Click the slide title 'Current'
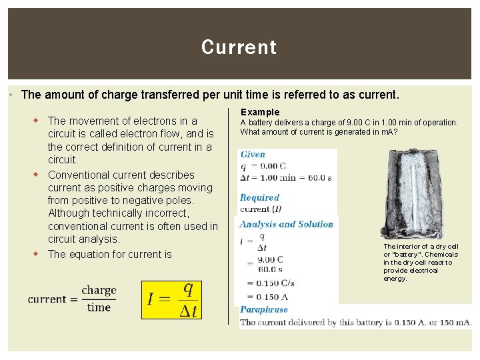pyautogui.click(x=239, y=47)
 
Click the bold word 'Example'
pyautogui.click(x=260, y=112)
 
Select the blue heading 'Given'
pyautogui.click(x=253, y=154)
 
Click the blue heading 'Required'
pyautogui.click(x=259, y=197)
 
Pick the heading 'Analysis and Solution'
pyautogui.click(x=286, y=224)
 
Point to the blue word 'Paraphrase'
pyautogui.click(x=264, y=309)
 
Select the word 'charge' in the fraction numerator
pyautogui.click(x=99, y=291)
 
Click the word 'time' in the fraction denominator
pyautogui.click(x=99, y=307)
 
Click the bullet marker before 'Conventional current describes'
pyautogui.click(x=39, y=175)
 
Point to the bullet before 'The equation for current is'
pyautogui.click(x=39, y=254)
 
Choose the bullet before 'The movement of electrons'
pyautogui.click(x=39, y=121)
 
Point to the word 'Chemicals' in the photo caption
pyautogui.click(x=444, y=254)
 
